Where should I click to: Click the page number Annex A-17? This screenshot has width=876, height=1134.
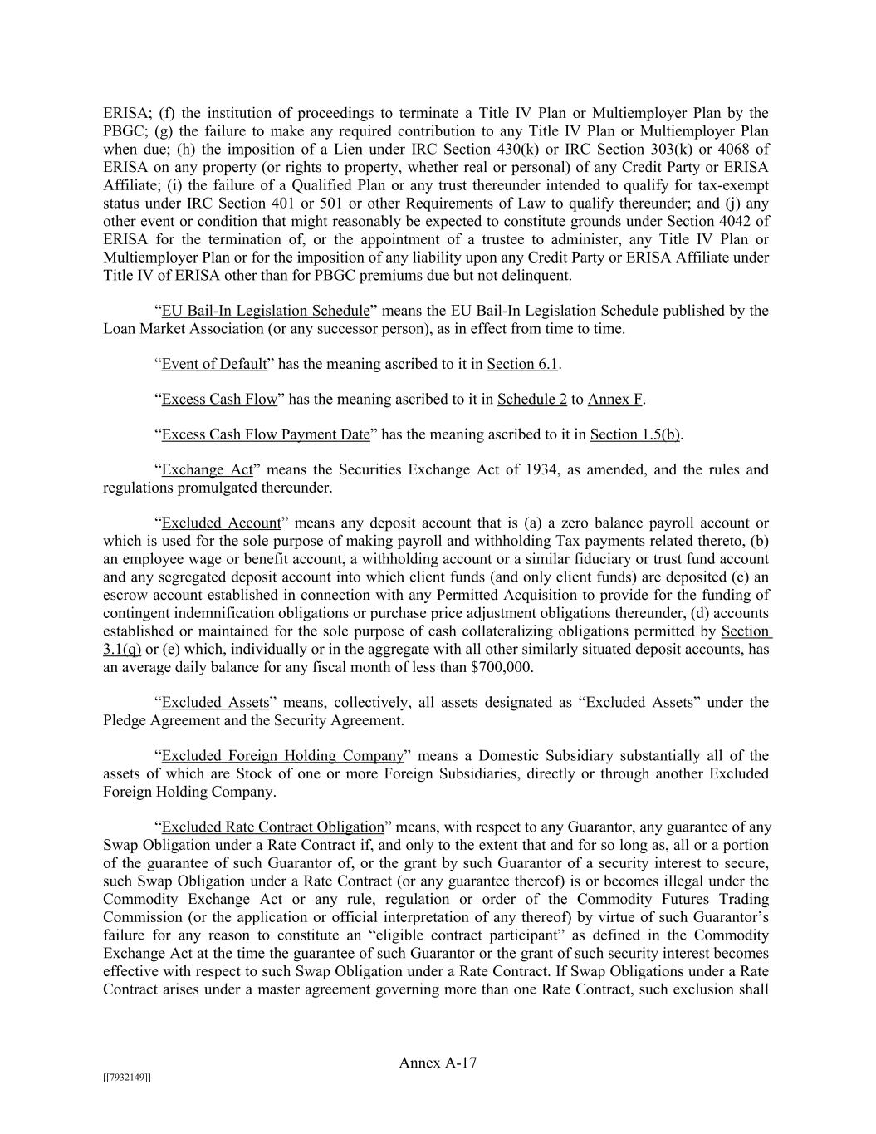(x=438, y=1063)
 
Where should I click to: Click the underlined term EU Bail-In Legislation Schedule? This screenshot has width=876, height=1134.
(x=265, y=311)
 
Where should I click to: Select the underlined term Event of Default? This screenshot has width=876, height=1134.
(x=214, y=364)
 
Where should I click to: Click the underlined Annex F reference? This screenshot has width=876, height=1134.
(x=614, y=399)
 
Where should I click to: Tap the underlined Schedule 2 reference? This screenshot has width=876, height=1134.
(x=531, y=399)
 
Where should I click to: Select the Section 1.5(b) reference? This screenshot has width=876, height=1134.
(x=635, y=434)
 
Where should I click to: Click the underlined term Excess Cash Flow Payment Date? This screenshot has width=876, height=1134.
(x=265, y=434)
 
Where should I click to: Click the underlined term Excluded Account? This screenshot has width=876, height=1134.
(x=221, y=523)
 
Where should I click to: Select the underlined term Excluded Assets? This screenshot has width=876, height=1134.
(x=215, y=703)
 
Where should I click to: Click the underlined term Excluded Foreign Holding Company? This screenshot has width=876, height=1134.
(x=282, y=756)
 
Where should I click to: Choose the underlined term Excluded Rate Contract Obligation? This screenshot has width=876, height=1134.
(x=272, y=827)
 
